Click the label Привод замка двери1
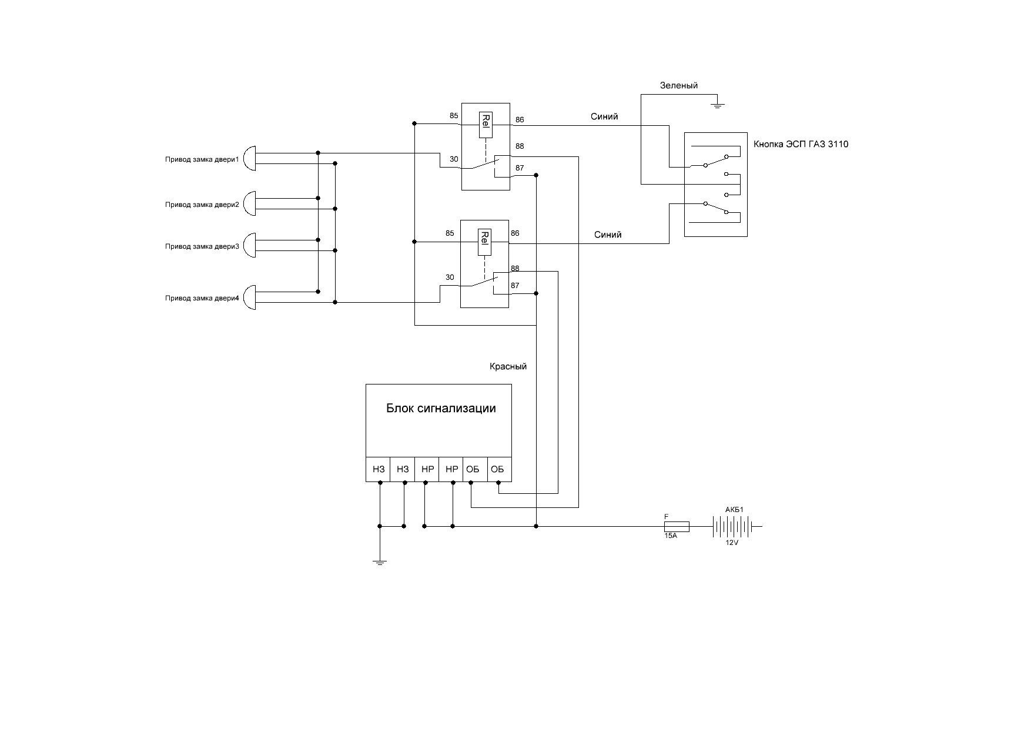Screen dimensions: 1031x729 pos(202,159)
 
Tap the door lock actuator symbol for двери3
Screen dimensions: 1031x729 pos(249,245)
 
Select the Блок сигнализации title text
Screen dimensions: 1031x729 pos(441,408)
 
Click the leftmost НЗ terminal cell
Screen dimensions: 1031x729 pos(379,469)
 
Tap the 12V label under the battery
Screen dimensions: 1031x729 pos(731,543)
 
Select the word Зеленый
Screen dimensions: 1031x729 pos(679,85)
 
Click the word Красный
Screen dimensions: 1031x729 pos(508,366)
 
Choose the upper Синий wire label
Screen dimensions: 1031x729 pos(604,116)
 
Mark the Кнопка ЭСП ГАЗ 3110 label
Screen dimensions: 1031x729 pos(801,144)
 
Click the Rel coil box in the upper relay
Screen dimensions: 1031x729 pos(486,125)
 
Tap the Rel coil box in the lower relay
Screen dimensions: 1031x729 pos(485,242)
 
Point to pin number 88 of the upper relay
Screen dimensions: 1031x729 pos(520,146)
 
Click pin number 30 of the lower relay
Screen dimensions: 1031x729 pos(450,277)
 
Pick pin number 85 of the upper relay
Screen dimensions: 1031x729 pos(454,116)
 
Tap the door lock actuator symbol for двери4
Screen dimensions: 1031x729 pos(249,297)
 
